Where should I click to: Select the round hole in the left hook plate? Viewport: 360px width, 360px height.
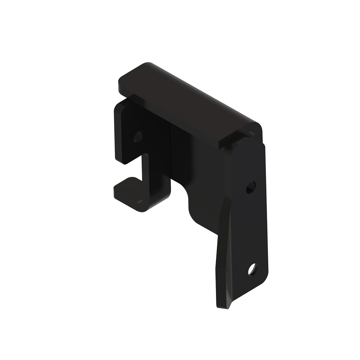click(x=138, y=136)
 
